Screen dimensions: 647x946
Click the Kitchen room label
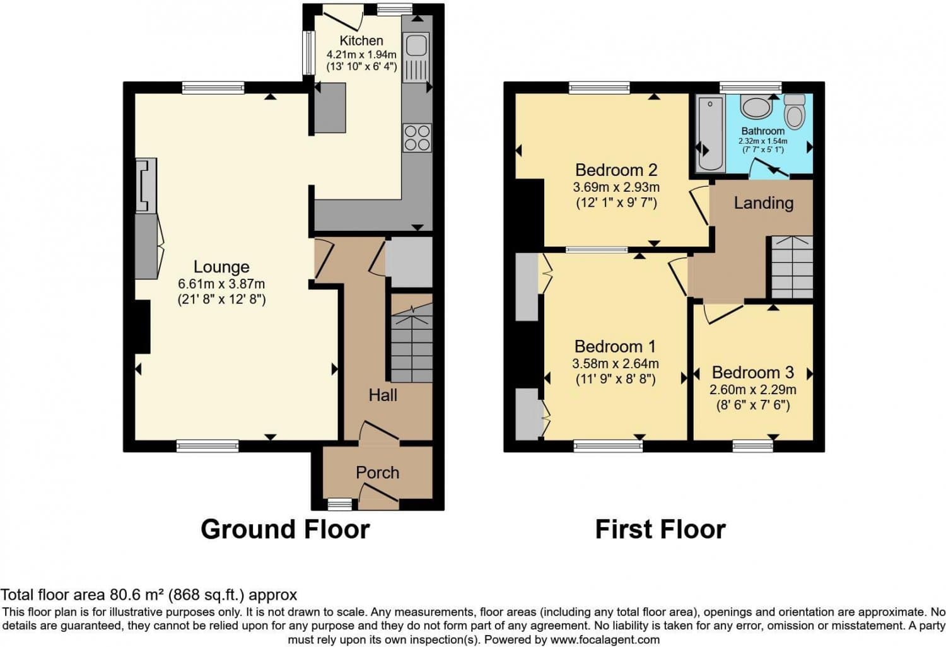[361, 40]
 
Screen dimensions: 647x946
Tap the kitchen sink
[416, 45]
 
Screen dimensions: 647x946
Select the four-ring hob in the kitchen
[417, 137]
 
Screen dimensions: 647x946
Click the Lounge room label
[221, 267]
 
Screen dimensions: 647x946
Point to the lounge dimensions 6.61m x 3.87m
[221, 284]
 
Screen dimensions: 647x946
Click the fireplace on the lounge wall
[146, 185]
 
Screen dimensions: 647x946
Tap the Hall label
[383, 395]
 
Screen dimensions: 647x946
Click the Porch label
[377, 472]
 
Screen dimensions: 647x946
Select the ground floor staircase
[412, 344]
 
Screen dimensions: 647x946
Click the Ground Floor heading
[285, 529]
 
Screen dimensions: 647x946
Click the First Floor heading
[660, 529]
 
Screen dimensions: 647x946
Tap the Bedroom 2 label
[616, 170]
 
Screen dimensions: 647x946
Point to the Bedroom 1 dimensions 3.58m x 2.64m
[616, 363]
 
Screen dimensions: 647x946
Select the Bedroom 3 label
[752, 372]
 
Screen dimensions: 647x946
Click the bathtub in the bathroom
[711, 134]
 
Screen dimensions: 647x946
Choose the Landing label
[763, 202]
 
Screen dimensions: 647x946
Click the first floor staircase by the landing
[792, 267]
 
